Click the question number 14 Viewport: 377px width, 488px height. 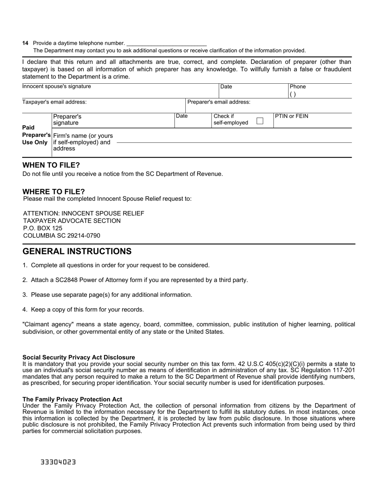pyautogui.click(x=25, y=43)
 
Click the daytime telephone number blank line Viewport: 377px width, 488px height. pyautogui.click(x=166, y=44)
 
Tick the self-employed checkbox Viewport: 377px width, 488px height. pyautogui.click(x=260, y=121)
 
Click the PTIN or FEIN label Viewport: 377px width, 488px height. pyautogui.click(x=291, y=116)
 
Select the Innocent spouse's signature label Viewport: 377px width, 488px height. pyautogui.click(x=56, y=86)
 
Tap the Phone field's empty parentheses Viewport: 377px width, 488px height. pyautogui.click(x=292, y=94)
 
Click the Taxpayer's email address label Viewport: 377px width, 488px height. pyautogui.click(x=54, y=102)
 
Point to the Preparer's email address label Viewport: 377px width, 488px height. pyautogui.click(x=219, y=102)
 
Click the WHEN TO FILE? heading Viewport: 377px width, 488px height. pyautogui.click(x=51, y=165)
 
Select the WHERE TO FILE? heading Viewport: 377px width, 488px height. pyautogui.click(x=54, y=191)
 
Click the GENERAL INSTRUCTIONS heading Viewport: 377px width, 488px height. pyautogui.click(x=77, y=251)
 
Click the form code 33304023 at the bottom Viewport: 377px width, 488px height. pyautogui.click(x=58, y=462)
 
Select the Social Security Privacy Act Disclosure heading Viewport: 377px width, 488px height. pyautogui.click(x=79, y=357)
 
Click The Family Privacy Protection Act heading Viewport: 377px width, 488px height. pyautogui.click(x=72, y=400)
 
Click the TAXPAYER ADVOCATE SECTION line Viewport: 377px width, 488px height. pyautogui.click(x=72, y=221)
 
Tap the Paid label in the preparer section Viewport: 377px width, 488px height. pyautogui.click(x=29, y=127)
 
